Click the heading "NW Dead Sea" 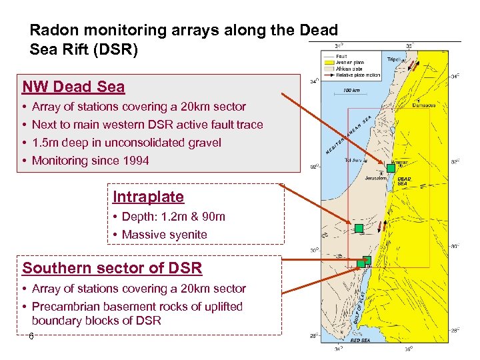73,87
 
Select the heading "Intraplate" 148,197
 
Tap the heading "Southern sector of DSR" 112,268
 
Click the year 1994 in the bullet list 136,161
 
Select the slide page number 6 31,337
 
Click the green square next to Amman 391,168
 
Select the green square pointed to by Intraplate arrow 359,229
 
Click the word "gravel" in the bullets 204,143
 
